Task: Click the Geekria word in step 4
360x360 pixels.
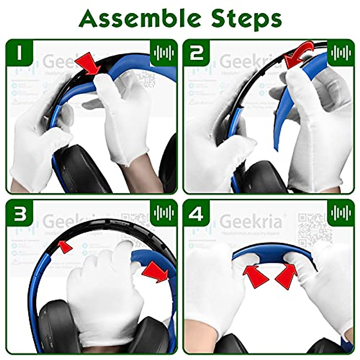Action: (251, 221)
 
